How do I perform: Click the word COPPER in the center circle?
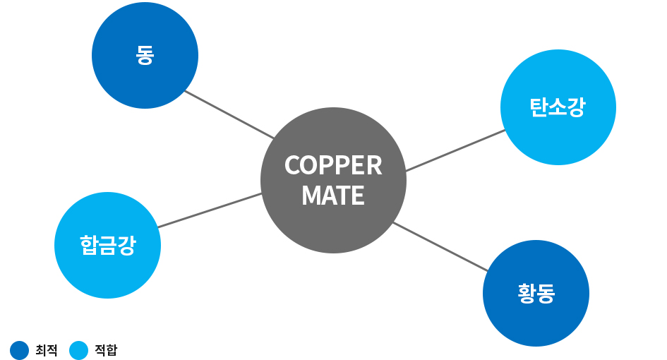coord(333,165)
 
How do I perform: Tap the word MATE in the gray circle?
coord(333,196)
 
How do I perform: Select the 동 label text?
coord(145,56)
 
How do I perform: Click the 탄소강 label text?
coord(558,107)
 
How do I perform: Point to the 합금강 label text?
coord(107,246)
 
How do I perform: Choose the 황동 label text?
coord(536,293)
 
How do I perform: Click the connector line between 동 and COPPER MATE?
coord(229,114)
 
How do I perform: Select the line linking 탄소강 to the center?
coord(455,150)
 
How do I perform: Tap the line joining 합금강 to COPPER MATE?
coord(210,210)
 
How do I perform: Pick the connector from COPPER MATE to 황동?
coord(440,246)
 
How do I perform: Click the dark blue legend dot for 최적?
coord(20,350)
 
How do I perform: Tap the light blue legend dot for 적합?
coord(79,350)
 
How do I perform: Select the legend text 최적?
coord(46,350)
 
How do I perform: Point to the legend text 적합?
coord(106,350)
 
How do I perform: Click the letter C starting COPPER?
coord(292,165)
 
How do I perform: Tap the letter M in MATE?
coord(311,196)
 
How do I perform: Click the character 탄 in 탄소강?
coord(539,107)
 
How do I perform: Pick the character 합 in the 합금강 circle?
coord(89,246)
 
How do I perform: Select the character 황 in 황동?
coord(527,293)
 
